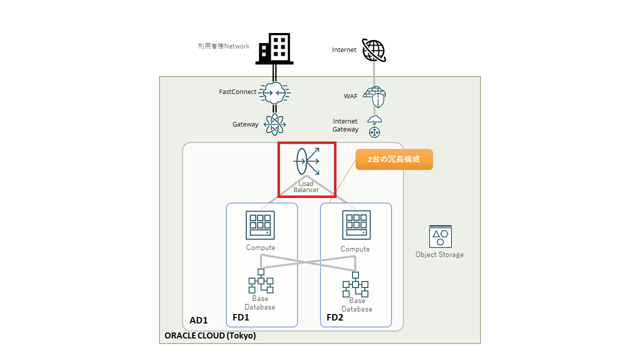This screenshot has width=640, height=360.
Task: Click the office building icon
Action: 274,48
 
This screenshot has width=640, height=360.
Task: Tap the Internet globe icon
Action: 373,50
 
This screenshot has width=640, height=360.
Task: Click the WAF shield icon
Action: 374,96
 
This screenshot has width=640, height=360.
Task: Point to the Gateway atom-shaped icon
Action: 274,124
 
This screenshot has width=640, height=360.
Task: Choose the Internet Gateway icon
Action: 374,126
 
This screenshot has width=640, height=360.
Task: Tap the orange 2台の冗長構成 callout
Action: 394,159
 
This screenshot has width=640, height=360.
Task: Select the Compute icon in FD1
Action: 260,225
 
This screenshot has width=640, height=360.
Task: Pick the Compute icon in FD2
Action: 356,225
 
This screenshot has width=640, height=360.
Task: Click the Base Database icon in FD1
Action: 260,281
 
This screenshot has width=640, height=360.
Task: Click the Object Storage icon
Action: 440,236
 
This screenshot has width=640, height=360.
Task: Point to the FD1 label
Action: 241,317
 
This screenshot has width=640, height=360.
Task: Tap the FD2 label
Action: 335,317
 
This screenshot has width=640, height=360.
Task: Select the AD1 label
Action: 198,320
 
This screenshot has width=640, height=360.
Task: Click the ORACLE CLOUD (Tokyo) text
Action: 210,336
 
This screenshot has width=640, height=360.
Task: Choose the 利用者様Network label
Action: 223,46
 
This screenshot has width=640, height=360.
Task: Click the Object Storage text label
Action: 439,254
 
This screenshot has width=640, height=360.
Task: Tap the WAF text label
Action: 350,96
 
